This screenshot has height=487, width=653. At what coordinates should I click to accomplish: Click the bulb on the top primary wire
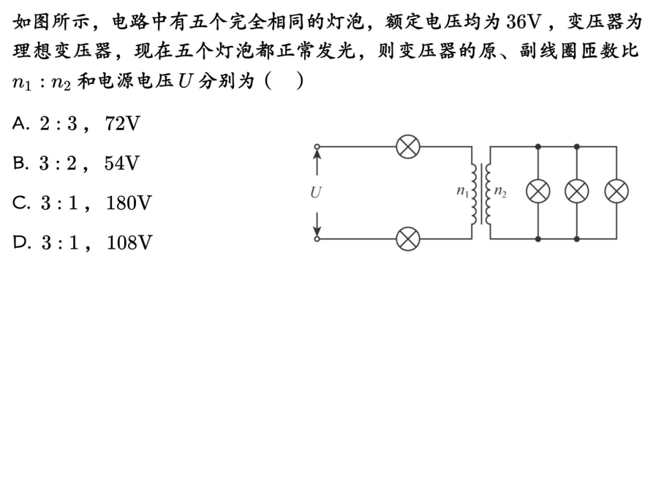coord(407,146)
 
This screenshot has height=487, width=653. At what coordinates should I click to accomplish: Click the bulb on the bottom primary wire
coord(407,239)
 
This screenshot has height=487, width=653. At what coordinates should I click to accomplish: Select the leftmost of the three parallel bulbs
coord(538,192)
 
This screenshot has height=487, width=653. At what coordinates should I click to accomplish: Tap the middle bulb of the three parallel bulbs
coord(576,192)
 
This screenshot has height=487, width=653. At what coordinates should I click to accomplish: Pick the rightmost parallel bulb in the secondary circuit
coord(616,192)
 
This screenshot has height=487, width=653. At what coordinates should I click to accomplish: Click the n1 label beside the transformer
coord(463,192)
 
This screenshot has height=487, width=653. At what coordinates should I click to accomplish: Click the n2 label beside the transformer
coord(500,192)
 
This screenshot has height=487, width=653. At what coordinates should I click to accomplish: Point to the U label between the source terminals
coord(316,193)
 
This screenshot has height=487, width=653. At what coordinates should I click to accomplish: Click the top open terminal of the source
coord(317,147)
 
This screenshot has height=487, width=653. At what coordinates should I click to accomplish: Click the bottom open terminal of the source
coord(317,238)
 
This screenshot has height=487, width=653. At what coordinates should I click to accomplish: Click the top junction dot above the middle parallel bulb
coord(576,146)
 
